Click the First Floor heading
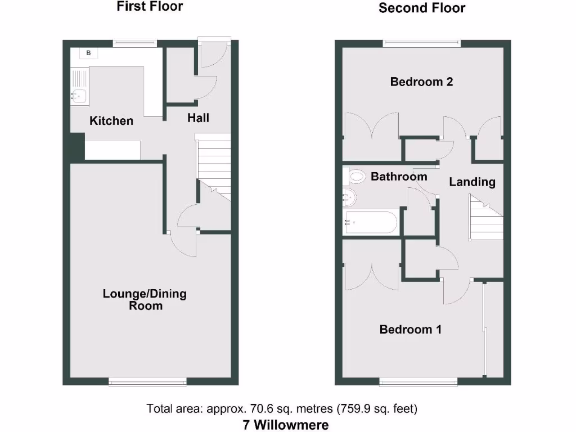pos(150,7)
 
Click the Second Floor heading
pos(422,8)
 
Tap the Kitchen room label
pos(111,120)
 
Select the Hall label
pos(198,118)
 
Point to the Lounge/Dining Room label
pos(145,300)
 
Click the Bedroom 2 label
pos(421,82)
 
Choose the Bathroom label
pos(398,177)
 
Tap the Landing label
pos(472,182)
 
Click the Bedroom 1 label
pos(410,330)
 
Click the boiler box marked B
pos(88,53)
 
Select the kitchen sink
pos(78,96)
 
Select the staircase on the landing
pos(486,219)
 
